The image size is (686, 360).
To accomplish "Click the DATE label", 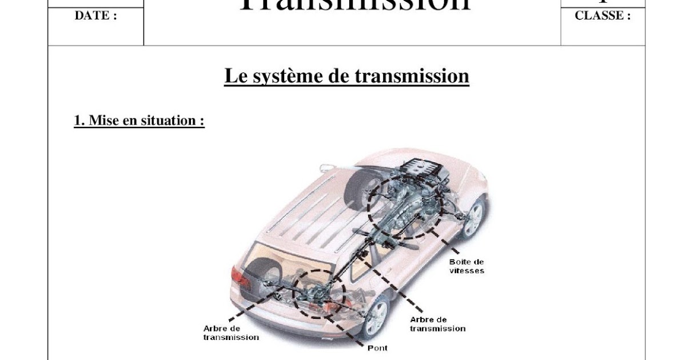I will (95, 16).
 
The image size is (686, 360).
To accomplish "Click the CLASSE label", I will (603, 16).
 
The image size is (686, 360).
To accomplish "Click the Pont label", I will (377, 347).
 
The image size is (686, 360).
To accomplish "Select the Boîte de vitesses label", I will (466, 266).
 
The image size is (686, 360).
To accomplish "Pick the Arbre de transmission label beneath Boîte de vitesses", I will (437, 324).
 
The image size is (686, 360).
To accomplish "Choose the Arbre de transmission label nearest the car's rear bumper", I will (230, 333).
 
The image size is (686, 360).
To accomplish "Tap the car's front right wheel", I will (473, 217).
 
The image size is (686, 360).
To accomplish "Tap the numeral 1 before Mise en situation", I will (77, 121).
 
